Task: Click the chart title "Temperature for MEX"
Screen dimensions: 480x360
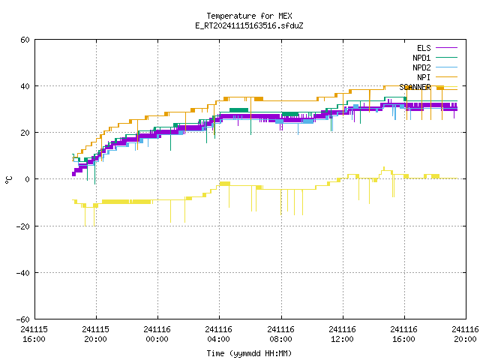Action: [x=249, y=16]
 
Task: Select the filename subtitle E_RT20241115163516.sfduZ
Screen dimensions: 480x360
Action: [x=249, y=25]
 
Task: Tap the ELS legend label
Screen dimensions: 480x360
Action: [x=424, y=48]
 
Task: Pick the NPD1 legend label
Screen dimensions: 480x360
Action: [x=421, y=58]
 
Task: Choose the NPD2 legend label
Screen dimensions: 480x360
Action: [x=421, y=67]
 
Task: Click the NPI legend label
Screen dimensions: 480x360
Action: [x=424, y=77]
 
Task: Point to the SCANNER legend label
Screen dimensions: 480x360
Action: [x=415, y=87]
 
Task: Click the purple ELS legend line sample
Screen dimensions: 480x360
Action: [x=446, y=48]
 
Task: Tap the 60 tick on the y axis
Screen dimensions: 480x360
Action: [x=25, y=40]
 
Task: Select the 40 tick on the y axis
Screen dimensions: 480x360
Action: [x=25, y=86]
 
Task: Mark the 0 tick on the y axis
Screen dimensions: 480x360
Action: [x=28, y=179]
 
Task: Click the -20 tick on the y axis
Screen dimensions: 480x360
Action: [x=23, y=226]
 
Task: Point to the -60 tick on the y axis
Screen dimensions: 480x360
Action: [x=23, y=319]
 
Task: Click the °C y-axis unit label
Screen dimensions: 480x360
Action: [x=9, y=180]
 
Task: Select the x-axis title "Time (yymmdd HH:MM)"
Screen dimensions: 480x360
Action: [x=249, y=353]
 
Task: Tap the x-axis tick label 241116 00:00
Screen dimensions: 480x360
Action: [x=157, y=334]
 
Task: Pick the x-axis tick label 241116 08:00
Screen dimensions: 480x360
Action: [x=280, y=334]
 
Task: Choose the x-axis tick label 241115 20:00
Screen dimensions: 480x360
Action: [x=95, y=334]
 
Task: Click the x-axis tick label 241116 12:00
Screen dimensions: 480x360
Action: [x=342, y=334]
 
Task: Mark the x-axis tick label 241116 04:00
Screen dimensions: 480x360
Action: [x=218, y=334]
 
